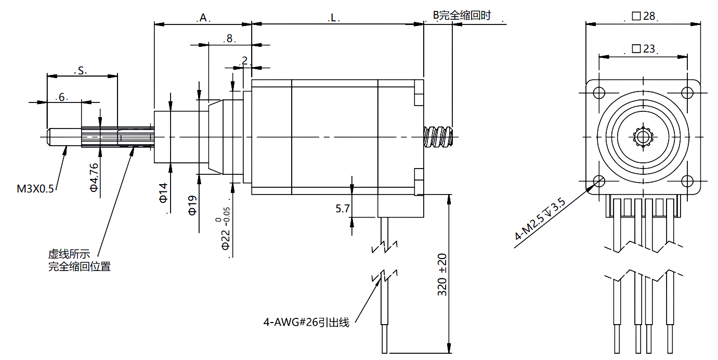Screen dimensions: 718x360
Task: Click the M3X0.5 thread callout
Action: tap(35, 189)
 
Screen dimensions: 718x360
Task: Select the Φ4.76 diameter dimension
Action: tap(94, 177)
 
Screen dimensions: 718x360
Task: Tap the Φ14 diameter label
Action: tap(163, 193)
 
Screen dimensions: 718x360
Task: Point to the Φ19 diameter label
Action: tap(192, 205)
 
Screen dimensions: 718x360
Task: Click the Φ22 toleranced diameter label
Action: tap(225, 228)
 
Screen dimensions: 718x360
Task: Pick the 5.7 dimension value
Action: tap(342, 209)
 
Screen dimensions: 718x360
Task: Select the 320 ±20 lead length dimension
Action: tap(442, 275)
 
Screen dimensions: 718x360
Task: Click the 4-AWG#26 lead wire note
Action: tap(306, 322)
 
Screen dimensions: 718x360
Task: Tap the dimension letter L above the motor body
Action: tap(333, 18)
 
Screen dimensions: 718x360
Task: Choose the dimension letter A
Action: tap(203, 18)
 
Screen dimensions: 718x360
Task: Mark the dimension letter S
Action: tap(81, 71)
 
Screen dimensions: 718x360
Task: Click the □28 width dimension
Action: tap(643, 16)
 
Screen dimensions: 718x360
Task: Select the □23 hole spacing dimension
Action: tap(643, 49)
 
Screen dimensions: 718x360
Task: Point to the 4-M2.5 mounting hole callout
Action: tap(540, 219)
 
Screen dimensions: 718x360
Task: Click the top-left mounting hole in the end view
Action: tap(599, 93)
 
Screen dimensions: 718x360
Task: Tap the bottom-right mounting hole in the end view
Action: tap(687, 181)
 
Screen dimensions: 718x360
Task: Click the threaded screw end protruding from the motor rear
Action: tap(438, 137)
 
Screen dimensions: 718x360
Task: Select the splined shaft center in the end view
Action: tap(643, 137)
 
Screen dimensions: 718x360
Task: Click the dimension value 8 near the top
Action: tap(229, 38)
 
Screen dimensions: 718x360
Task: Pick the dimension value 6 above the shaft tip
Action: tap(61, 97)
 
